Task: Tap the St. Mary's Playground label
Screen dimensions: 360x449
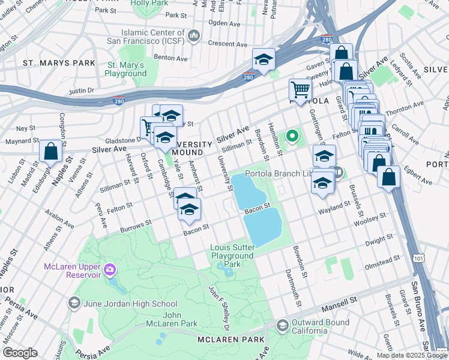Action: point(125,69)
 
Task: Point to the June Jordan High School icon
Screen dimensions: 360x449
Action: point(74,304)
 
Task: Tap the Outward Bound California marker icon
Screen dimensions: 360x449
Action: point(282,325)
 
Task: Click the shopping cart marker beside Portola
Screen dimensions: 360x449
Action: point(300,90)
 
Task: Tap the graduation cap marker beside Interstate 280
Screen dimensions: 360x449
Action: point(263,59)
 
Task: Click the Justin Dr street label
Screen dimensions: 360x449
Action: point(82,91)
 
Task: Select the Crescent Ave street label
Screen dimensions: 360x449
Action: point(228,43)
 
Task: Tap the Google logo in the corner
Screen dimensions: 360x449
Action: point(19,353)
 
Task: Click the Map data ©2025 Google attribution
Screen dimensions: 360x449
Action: point(411,355)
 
